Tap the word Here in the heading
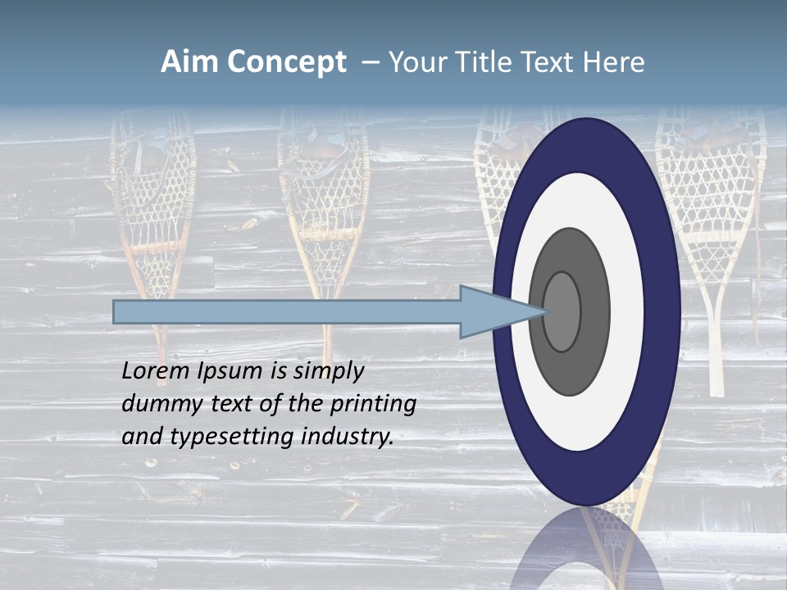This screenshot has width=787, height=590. (x=613, y=62)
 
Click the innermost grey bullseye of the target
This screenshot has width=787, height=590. (x=562, y=311)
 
